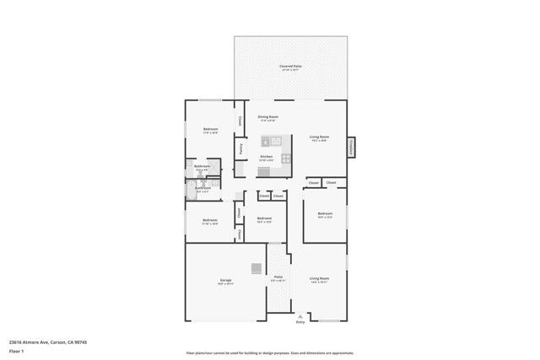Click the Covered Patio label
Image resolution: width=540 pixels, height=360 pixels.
(x=290, y=67)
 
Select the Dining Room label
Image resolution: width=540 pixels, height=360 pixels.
(x=267, y=117)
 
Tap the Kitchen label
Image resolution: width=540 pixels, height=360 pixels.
(x=266, y=157)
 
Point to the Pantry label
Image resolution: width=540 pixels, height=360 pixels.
(x=241, y=149)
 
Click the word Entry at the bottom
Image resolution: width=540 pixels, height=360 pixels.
(x=300, y=322)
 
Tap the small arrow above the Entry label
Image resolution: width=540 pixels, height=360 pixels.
(x=300, y=316)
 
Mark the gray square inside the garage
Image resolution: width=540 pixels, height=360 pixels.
(x=256, y=268)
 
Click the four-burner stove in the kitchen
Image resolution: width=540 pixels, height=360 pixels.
(x=286, y=157)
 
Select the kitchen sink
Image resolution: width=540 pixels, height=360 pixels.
(x=263, y=142)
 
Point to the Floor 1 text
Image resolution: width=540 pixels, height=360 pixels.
(x=16, y=351)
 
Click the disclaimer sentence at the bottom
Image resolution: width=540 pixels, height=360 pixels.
(x=269, y=353)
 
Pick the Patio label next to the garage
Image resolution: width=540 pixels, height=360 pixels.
(x=278, y=277)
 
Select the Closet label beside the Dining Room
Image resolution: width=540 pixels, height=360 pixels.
(x=240, y=121)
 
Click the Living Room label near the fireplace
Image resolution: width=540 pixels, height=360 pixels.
(x=319, y=137)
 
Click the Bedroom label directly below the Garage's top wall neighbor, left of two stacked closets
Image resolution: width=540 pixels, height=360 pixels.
(x=210, y=221)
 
